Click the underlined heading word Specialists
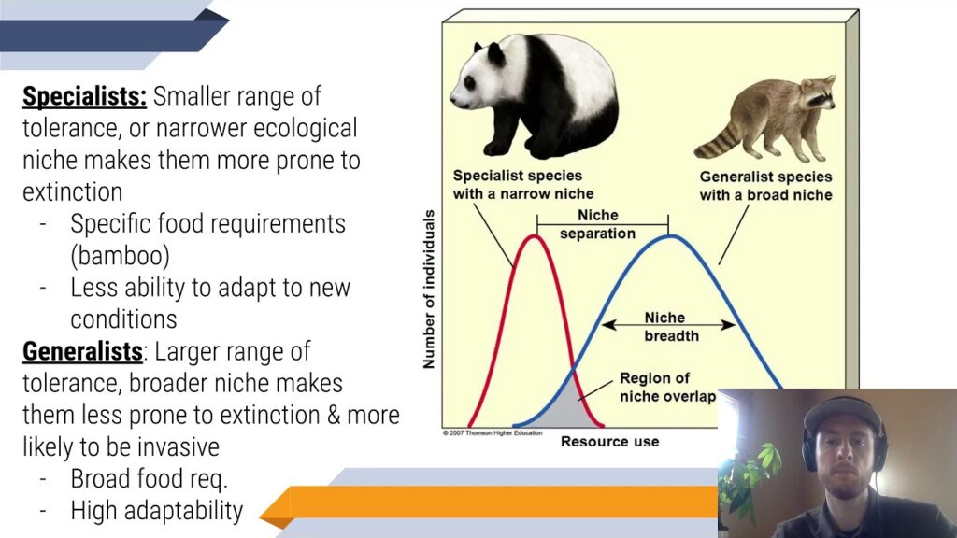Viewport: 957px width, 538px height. click(x=84, y=96)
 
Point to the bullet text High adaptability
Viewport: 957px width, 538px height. click(x=156, y=511)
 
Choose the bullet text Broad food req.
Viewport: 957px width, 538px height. click(x=150, y=479)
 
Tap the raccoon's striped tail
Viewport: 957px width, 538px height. click(x=719, y=140)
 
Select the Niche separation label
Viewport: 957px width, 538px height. click(x=597, y=224)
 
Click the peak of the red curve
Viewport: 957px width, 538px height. click(x=534, y=235)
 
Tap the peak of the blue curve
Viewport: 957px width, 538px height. click(x=670, y=235)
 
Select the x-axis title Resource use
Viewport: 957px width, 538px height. click(x=609, y=441)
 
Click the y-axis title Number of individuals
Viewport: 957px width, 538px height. click(x=429, y=290)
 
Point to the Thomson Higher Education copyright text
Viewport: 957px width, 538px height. click(x=492, y=433)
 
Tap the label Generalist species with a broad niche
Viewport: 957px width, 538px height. click(x=765, y=186)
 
